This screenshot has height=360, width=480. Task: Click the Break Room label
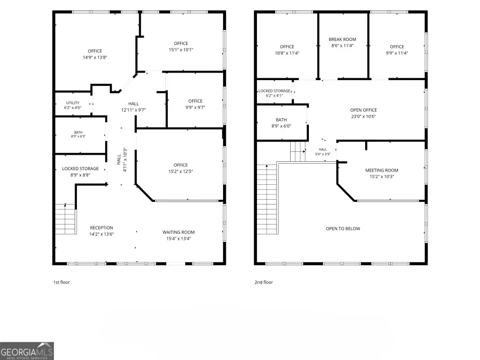tap(342, 39)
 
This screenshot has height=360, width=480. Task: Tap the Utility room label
tap(73, 103)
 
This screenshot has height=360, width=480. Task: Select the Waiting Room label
tap(179, 232)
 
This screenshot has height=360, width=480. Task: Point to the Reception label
tap(101, 228)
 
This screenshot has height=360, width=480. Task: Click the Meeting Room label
tap(382, 170)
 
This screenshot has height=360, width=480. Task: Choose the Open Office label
tap(363, 110)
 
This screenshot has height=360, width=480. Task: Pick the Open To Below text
tap(343, 228)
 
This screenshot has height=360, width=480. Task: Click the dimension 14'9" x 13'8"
tap(95, 57)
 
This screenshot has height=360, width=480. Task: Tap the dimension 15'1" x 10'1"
tap(181, 50)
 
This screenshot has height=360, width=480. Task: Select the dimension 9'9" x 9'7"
tap(195, 107)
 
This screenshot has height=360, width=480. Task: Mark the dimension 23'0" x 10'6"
tap(363, 116)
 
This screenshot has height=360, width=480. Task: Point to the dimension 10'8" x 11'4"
tap(287, 53)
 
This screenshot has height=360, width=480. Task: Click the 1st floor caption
tap(61, 282)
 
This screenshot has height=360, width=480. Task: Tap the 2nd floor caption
tap(263, 282)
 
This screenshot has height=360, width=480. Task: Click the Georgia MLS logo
tap(27, 351)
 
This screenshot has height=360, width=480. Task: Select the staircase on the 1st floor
tap(66, 219)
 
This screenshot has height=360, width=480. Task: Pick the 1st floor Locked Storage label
tap(80, 169)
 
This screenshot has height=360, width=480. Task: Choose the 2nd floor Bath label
tap(281, 120)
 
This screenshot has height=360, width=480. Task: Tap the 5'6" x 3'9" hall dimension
tap(323, 154)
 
